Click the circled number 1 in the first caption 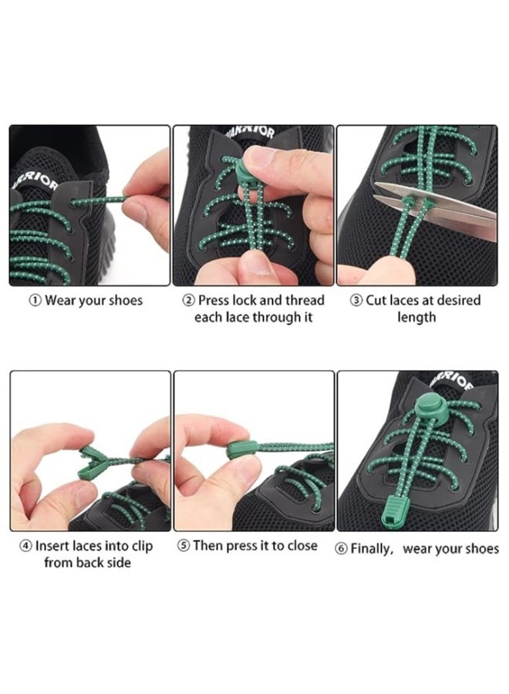point(35,301)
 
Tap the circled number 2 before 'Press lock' point(188,301)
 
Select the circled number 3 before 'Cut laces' point(356,301)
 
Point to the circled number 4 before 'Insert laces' point(25,546)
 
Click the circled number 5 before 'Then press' point(184,546)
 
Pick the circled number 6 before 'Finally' point(341,549)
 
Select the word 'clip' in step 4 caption point(142,546)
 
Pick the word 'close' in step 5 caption point(302,546)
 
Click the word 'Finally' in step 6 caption point(372,549)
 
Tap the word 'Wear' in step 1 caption point(60,301)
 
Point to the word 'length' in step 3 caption point(416,318)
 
